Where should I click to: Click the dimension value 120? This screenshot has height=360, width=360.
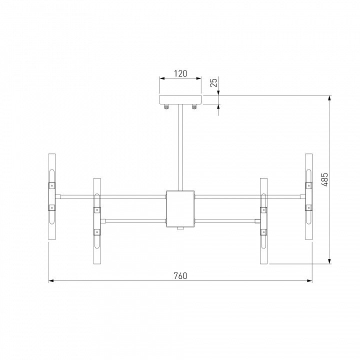pos(180,73)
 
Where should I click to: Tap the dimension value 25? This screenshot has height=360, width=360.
pos(214,82)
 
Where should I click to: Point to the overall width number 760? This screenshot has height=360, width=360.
pos(180,275)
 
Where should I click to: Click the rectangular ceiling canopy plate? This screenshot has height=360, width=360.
pos(180,99)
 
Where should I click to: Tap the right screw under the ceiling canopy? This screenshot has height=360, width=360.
pos(194,106)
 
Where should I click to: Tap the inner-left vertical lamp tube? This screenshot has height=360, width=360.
pos(97,220)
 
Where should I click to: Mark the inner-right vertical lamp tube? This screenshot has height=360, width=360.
pos(263,220)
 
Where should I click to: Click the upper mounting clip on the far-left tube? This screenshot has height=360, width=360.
pos(51,185)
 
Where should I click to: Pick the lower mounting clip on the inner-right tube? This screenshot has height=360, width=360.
pos(263,231)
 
